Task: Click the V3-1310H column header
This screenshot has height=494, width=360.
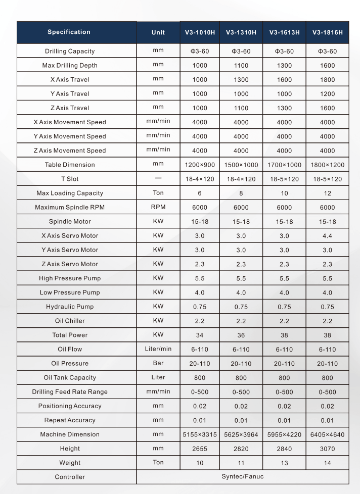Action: pos(241,33)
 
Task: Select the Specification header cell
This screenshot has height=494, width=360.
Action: pos(69,32)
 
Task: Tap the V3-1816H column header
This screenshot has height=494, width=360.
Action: pos(327,33)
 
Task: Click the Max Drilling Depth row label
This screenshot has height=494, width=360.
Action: pos(70,66)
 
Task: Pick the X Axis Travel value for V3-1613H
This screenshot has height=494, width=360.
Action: pos(284,80)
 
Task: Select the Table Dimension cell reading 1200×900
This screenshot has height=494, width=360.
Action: pos(199,165)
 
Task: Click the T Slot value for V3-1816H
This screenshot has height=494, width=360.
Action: pos(327,179)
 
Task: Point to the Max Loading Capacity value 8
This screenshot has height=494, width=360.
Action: pos(241,193)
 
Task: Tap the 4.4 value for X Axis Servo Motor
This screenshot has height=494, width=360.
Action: pos(327,235)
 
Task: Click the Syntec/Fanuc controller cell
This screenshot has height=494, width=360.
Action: pos(243,476)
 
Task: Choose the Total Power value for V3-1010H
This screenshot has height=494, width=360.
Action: pos(199,335)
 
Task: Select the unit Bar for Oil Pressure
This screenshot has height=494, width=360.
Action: pos(158,363)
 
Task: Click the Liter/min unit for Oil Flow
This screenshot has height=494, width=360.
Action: pos(158,349)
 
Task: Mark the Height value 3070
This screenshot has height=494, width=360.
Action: pos(327,448)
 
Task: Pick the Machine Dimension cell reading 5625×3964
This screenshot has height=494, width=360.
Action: pos(241,434)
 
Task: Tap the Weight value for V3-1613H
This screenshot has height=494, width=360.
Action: pos(284,462)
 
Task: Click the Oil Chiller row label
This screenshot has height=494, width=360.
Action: pos(70,321)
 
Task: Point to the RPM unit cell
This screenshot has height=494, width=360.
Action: pos(158,207)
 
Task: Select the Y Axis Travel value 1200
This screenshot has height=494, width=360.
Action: pos(327,94)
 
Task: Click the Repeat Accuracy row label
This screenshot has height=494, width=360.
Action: pos(70,420)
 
